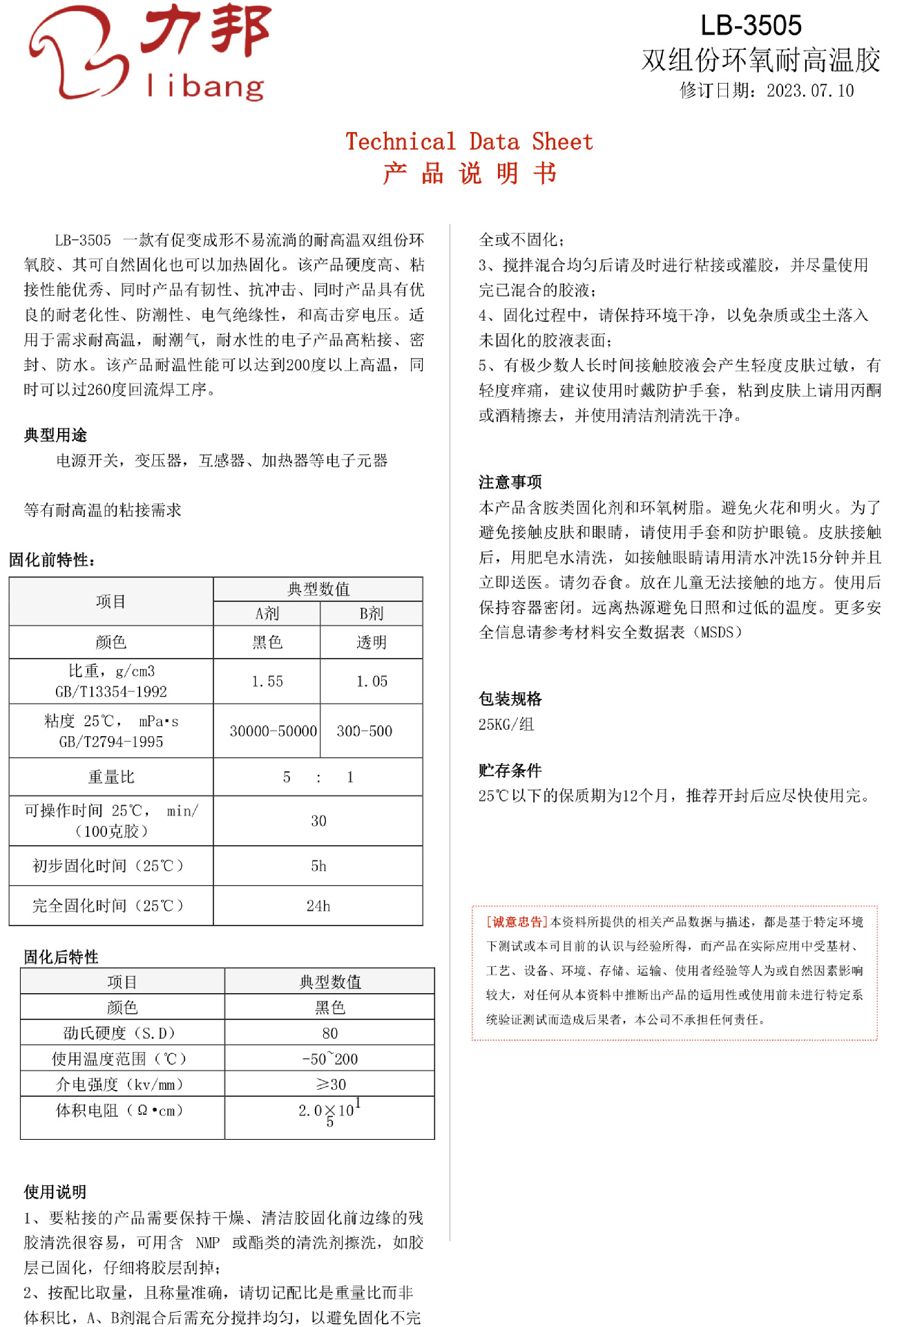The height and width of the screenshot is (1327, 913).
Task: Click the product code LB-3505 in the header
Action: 751,26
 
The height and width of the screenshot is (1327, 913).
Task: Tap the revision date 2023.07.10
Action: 809,91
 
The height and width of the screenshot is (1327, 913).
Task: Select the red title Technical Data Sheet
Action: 469,142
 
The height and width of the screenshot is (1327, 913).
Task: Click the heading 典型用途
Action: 55,435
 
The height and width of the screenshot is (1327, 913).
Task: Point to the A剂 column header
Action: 267,614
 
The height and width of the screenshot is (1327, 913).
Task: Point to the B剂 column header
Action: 371,614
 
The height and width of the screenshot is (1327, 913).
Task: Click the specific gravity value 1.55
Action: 267,681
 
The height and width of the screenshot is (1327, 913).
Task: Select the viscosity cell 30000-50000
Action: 273,731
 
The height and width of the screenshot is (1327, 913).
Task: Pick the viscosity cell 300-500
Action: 364,731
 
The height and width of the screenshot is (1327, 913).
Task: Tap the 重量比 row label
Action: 111,778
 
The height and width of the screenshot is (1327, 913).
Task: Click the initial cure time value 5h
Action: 318,867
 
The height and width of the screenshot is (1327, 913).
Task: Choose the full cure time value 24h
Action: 318,906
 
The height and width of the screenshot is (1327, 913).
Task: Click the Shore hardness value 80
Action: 329,1034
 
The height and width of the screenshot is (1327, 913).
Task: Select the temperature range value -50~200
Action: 329,1060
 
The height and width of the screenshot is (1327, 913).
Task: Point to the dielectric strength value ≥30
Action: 329,1085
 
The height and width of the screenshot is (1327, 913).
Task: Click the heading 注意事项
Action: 510,482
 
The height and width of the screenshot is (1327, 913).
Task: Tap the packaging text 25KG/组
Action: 506,725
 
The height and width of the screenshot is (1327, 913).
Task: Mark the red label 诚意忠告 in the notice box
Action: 517,923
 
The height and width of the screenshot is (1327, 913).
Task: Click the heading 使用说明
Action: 55,1192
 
